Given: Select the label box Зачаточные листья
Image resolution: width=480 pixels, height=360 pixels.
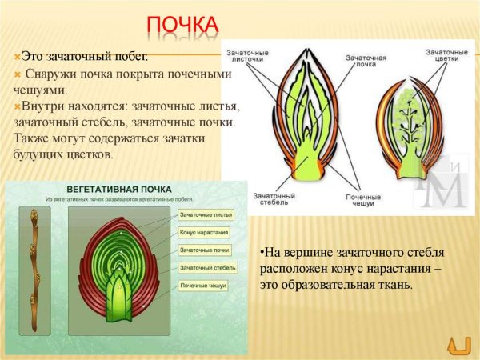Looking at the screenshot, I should point(205,215).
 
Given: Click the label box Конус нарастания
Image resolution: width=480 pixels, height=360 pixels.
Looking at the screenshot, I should point(205,233).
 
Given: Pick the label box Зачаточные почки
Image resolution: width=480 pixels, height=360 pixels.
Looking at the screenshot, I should point(205,250).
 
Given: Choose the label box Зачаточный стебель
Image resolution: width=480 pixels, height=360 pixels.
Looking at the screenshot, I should point(206,267).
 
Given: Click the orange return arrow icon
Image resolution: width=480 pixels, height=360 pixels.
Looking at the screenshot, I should point(458,343).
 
